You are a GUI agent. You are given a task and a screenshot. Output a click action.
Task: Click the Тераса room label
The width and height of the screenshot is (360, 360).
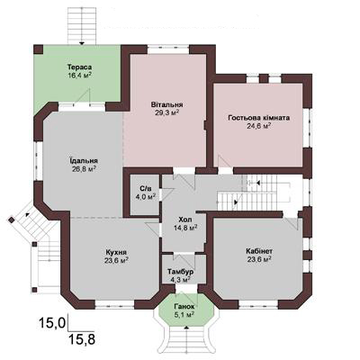click(x=79, y=67)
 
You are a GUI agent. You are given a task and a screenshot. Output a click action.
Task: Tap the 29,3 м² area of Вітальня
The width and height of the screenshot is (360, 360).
click(x=167, y=112)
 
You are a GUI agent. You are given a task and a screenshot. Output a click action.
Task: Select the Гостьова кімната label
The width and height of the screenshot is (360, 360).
click(x=258, y=118)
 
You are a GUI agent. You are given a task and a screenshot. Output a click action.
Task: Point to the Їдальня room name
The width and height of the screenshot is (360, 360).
click(x=84, y=160)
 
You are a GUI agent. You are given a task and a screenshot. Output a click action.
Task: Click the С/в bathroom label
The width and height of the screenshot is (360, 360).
click(x=145, y=188)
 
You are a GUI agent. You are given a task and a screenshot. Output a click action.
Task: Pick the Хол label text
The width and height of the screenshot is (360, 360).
click(x=184, y=219)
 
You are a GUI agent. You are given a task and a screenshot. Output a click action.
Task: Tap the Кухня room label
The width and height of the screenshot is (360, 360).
click(x=116, y=252)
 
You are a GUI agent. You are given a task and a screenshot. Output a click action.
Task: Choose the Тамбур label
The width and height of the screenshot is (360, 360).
click(x=180, y=272)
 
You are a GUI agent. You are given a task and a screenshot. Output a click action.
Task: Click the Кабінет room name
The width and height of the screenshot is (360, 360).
click(x=259, y=250)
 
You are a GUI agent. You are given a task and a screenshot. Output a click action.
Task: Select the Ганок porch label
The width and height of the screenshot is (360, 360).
click(x=184, y=307)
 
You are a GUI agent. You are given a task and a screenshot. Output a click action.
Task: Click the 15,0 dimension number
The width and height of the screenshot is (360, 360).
click(x=52, y=323)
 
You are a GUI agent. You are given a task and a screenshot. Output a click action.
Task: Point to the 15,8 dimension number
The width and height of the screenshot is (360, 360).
click(x=82, y=339)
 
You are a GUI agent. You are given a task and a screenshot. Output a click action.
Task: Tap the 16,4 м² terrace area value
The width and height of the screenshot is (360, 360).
click(x=79, y=75)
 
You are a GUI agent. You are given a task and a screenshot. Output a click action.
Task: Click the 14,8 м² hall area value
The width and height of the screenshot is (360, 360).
click(x=185, y=228)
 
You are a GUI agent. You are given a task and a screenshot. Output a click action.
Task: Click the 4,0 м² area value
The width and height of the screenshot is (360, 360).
click(x=145, y=197)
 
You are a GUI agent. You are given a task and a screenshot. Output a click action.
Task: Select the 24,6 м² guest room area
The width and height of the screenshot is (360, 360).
click(x=259, y=126)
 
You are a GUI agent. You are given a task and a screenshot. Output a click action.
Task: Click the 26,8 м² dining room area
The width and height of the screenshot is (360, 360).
click(x=84, y=169)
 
